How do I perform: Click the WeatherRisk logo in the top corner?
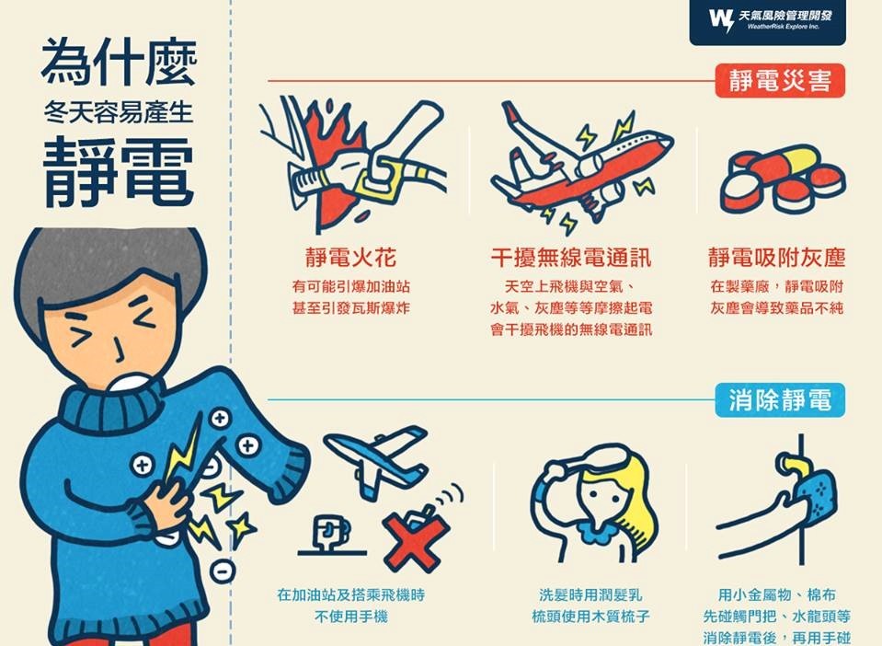(x=767, y=21)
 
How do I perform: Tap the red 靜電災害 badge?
(x=780, y=81)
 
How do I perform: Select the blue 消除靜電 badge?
(x=780, y=400)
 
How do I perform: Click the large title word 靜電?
(x=119, y=172)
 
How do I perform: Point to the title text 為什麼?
(x=119, y=62)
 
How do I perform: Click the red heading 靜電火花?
(x=351, y=258)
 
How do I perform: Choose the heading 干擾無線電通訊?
(x=571, y=258)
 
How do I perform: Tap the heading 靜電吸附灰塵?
(x=777, y=258)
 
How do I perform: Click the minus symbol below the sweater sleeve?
(x=223, y=571)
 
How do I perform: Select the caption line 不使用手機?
(x=351, y=617)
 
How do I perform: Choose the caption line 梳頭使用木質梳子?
(x=590, y=617)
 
